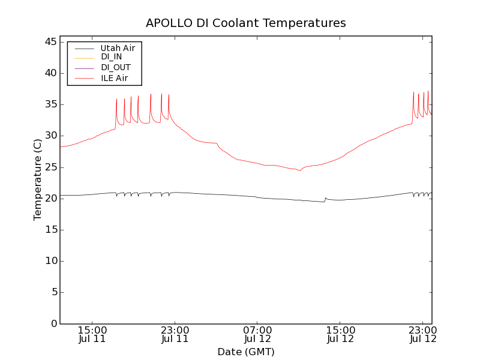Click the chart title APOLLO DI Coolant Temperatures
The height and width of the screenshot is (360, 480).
(x=245, y=23)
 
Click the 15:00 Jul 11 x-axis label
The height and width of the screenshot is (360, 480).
(x=92, y=334)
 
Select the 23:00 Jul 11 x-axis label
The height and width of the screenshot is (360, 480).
(x=175, y=334)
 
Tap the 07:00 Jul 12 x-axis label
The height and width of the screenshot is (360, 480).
(x=257, y=334)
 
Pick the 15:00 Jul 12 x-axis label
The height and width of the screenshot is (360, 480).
(x=340, y=334)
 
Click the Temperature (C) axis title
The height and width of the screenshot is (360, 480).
(x=38, y=179)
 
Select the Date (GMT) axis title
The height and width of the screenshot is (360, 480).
(x=245, y=352)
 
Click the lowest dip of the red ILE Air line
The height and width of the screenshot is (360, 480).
(x=301, y=171)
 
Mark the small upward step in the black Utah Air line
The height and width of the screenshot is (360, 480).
(x=325, y=198)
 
